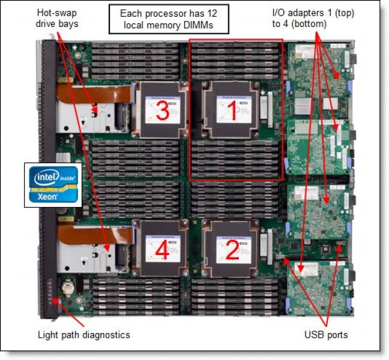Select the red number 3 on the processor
(161, 110)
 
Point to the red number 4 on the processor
(162, 250)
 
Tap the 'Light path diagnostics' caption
(83, 334)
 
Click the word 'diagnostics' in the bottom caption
(107, 334)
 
